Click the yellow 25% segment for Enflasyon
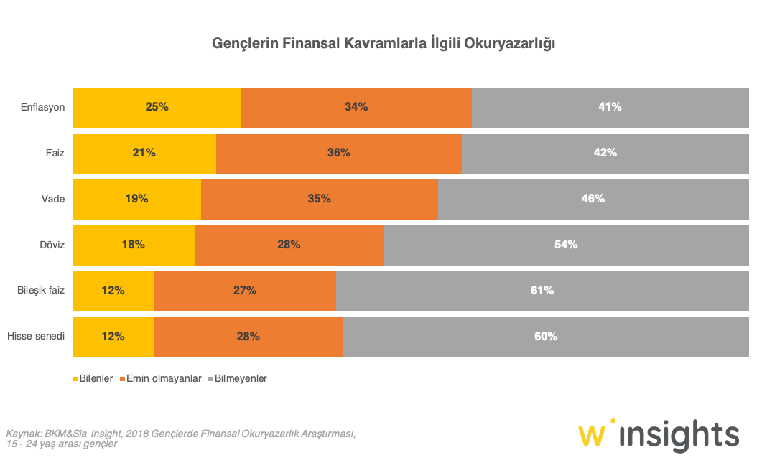(157, 107)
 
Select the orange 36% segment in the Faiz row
(338, 153)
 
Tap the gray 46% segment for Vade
(593, 199)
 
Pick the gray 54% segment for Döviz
(565, 245)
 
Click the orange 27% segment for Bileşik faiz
(244, 291)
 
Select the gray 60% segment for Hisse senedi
(545, 337)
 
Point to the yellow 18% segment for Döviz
(133, 245)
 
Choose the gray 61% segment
(542, 291)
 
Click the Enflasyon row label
(43, 107)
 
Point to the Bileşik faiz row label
(41, 291)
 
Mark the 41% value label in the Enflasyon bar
(610, 107)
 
